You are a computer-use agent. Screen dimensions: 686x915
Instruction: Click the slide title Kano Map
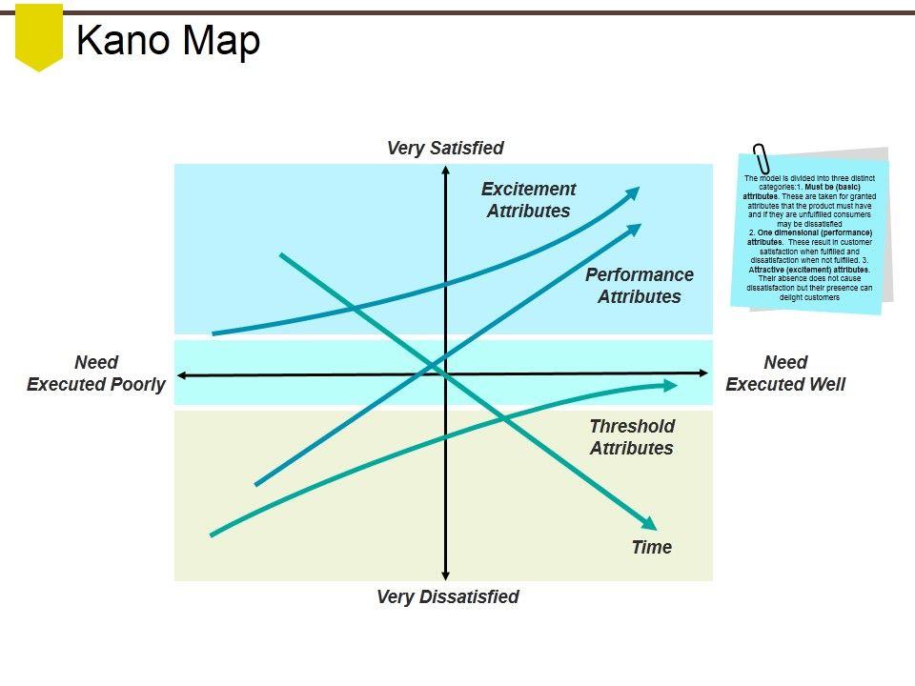168,40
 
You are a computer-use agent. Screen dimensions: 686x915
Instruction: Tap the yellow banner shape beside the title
39,35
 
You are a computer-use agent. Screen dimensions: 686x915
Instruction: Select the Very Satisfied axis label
445,148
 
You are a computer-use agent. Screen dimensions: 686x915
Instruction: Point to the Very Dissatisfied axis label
448,596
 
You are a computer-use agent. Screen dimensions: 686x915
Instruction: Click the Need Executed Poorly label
96,373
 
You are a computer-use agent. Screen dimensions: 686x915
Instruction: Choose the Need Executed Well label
785,373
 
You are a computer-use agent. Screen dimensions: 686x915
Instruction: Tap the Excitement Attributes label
529,200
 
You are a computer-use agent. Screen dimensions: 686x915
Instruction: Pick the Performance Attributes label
640,285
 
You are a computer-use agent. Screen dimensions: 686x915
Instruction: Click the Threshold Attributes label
632,437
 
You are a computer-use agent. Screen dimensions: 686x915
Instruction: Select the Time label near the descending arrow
652,547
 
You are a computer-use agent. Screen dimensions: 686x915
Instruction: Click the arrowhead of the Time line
651,524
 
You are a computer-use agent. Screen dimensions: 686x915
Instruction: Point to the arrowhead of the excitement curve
634,191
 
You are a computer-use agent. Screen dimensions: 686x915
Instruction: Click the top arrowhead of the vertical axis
445,171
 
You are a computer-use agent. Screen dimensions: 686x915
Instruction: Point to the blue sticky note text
810,238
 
